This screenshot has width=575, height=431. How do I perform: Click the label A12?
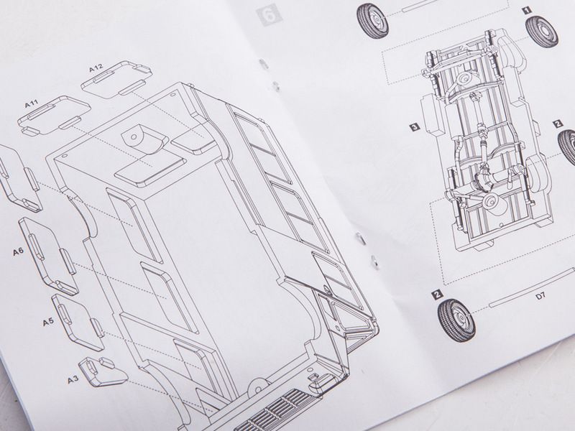(x=96, y=68)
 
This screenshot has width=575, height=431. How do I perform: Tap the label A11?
(x=32, y=103)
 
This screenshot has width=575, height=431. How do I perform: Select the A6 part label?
(x=19, y=252)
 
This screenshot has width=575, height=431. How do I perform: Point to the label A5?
(x=48, y=322)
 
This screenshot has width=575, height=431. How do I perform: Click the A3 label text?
(x=73, y=379)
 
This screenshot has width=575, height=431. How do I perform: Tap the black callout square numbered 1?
(x=527, y=11)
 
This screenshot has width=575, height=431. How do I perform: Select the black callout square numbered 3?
(x=414, y=127)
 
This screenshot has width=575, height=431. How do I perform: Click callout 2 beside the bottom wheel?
(x=437, y=294)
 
